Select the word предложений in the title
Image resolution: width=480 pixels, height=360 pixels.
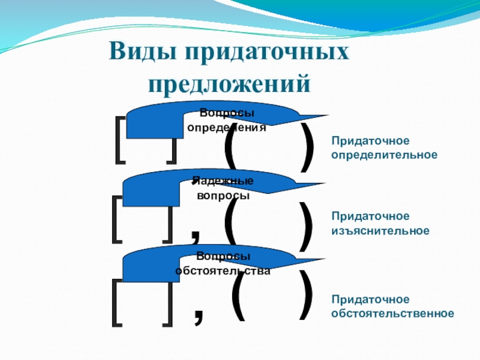click(x=230, y=82)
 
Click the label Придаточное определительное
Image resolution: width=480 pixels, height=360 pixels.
click(x=384, y=148)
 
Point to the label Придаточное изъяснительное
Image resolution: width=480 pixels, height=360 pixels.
click(x=380, y=223)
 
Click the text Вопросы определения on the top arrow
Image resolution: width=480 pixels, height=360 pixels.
click(x=226, y=120)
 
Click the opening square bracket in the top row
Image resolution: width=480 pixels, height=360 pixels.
click(x=120, y=140)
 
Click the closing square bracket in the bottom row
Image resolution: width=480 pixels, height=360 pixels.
click(x=167, y=302)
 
